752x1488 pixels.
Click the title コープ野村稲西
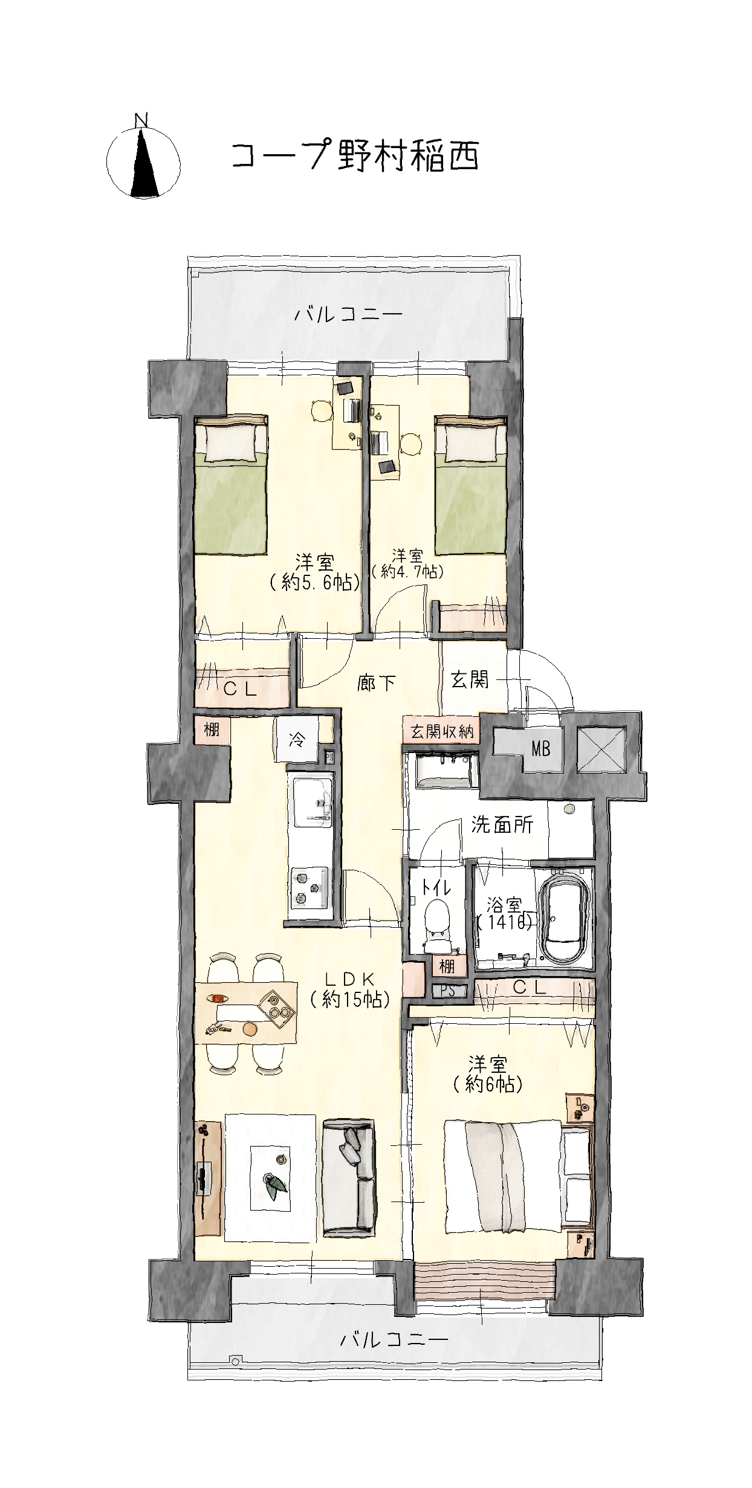(355, 157)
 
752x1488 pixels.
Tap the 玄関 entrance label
(470, 680)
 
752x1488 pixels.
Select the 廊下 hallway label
(376, 684)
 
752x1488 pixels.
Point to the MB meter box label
(541, 749)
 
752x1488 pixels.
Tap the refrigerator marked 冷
(296, 740)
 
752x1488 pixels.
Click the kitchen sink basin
(313, 802)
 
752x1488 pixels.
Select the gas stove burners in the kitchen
(310, 888)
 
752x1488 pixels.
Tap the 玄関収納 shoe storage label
(442, 731)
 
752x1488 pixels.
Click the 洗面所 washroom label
(502, 825)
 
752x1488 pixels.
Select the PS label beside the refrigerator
(329, 756)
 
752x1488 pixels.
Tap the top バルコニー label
(349, 314)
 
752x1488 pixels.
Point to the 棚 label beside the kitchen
(211, 729)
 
